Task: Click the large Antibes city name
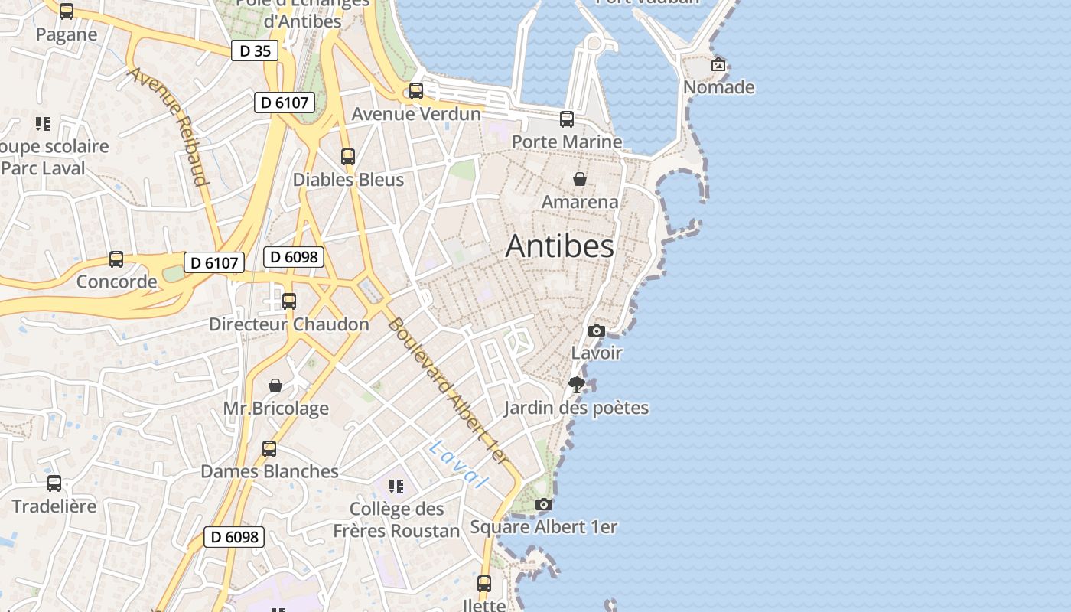point(559,246)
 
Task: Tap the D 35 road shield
point(255,51)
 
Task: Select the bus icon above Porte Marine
point(567,119)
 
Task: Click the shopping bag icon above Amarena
point(580,179)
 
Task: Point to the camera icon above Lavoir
point(597,330)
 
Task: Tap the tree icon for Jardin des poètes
point(577,384)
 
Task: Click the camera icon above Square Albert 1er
point(544,504)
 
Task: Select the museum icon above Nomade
point(718,64)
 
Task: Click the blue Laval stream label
point(458,464)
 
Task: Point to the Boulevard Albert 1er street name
point(448,390)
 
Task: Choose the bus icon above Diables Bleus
point(348,157)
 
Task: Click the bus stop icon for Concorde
point(116,259)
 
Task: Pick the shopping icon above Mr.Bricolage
point(275,386)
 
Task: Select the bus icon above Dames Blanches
point(269,449)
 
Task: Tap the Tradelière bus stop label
point(54,506)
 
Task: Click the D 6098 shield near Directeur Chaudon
point(294,257)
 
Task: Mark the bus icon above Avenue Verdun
point(416,91)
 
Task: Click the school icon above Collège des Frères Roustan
point(396,486)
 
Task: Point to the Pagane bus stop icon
point(67,11)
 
